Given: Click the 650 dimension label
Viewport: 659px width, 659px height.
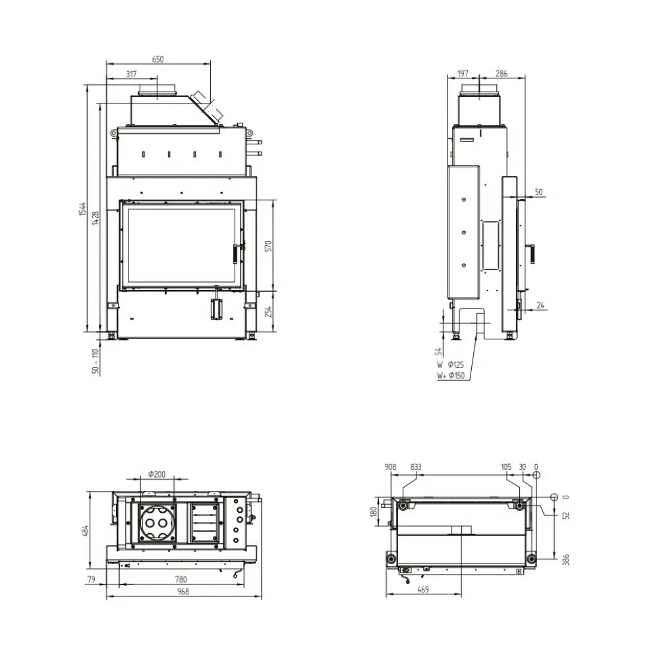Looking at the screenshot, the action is (158, 59).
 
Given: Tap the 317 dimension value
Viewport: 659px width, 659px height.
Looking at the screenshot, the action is (132, 74).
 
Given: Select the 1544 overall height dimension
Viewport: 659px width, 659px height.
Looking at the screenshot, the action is (83, 209).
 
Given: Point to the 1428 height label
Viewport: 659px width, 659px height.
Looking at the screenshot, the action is (96, 217).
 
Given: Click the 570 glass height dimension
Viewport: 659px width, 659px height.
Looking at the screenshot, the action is (269, 246).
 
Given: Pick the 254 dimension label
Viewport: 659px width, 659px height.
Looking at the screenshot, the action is (269, 312).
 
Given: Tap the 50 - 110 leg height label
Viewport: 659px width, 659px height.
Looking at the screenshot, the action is (96, 361).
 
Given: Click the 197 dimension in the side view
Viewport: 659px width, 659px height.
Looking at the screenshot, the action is (463, 74).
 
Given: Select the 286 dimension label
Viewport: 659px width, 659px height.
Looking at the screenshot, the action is (501, 74).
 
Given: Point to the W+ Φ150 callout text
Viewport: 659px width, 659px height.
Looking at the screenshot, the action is (451, 376).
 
